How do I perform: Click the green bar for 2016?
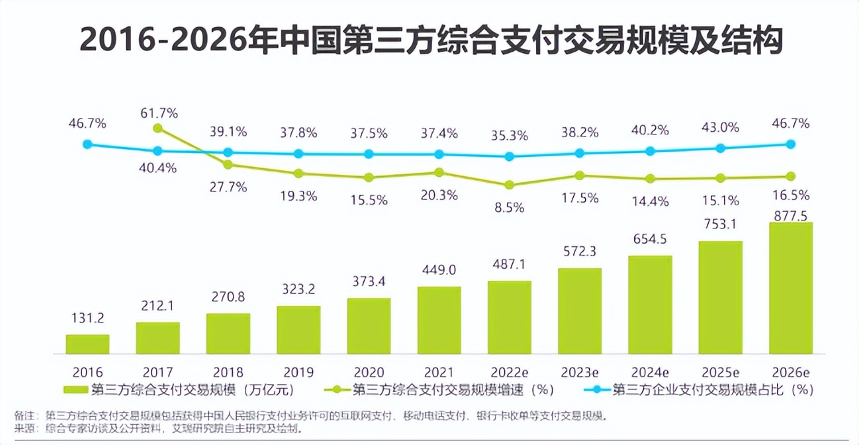[87, 344]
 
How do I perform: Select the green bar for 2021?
[439, 320]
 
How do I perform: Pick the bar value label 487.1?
[509, 264]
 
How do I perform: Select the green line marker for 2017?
[158, 128]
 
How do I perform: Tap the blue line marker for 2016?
[87, 144]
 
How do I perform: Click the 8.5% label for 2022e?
[509, 207]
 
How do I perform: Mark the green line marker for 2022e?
[509, 185]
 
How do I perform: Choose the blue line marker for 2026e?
[790, 144]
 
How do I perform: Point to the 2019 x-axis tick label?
[298, 371]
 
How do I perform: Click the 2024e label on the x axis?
[650, 371]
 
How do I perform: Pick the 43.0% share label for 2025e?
[720, 128]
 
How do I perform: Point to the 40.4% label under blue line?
[158, 168]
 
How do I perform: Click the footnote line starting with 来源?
[159, 429]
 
